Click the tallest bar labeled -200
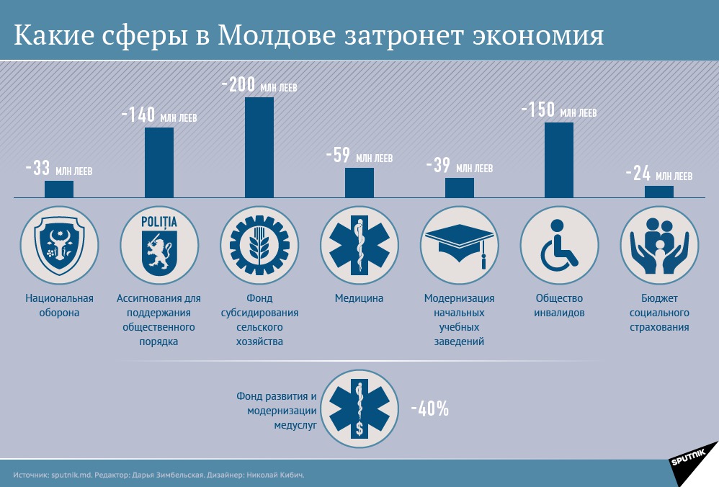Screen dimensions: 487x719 (259, 147)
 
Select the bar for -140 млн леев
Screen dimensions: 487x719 (159, 162)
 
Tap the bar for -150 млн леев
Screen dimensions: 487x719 (559, 159)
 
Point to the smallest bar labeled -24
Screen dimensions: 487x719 (658, 192)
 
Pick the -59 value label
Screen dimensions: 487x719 (338, 156)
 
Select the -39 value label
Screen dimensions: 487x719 (438, 166)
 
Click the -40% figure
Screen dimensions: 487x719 (430, 409)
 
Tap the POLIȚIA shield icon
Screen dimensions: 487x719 (159, 244)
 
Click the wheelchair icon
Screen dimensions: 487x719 (558, 244)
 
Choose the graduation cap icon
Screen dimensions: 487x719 (459, 244)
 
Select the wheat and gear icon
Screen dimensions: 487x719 (259, 244)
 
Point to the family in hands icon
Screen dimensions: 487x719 (658, 244)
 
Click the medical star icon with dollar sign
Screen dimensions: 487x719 (359, 407)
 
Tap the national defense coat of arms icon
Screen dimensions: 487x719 (59, 244)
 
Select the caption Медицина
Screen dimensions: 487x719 (359, 298)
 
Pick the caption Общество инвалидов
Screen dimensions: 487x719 (559, 305)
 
